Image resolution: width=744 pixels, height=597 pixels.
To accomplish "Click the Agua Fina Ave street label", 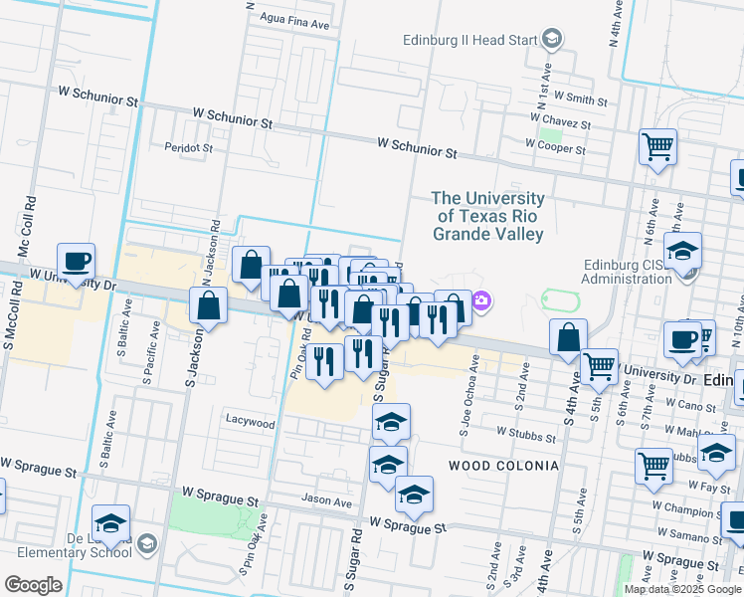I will [294, 20].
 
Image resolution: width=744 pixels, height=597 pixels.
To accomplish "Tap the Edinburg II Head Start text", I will [469, 41].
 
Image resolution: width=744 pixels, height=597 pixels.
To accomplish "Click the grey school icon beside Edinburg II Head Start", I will [553, 40].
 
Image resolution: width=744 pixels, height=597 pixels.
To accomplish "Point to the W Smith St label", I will [581, 99].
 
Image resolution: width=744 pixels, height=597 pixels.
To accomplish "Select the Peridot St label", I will [189, 147].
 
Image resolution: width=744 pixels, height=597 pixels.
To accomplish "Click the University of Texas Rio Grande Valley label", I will [488, 216].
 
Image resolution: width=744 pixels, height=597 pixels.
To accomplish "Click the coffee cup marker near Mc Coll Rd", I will [76, 262].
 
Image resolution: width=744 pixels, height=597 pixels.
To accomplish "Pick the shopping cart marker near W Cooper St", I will [657, 147].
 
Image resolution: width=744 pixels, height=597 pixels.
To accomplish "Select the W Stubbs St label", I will [525, 436].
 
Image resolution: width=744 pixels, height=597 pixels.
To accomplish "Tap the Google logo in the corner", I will [33, 584].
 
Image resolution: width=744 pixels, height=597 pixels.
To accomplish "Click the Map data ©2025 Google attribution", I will [681, 589].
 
